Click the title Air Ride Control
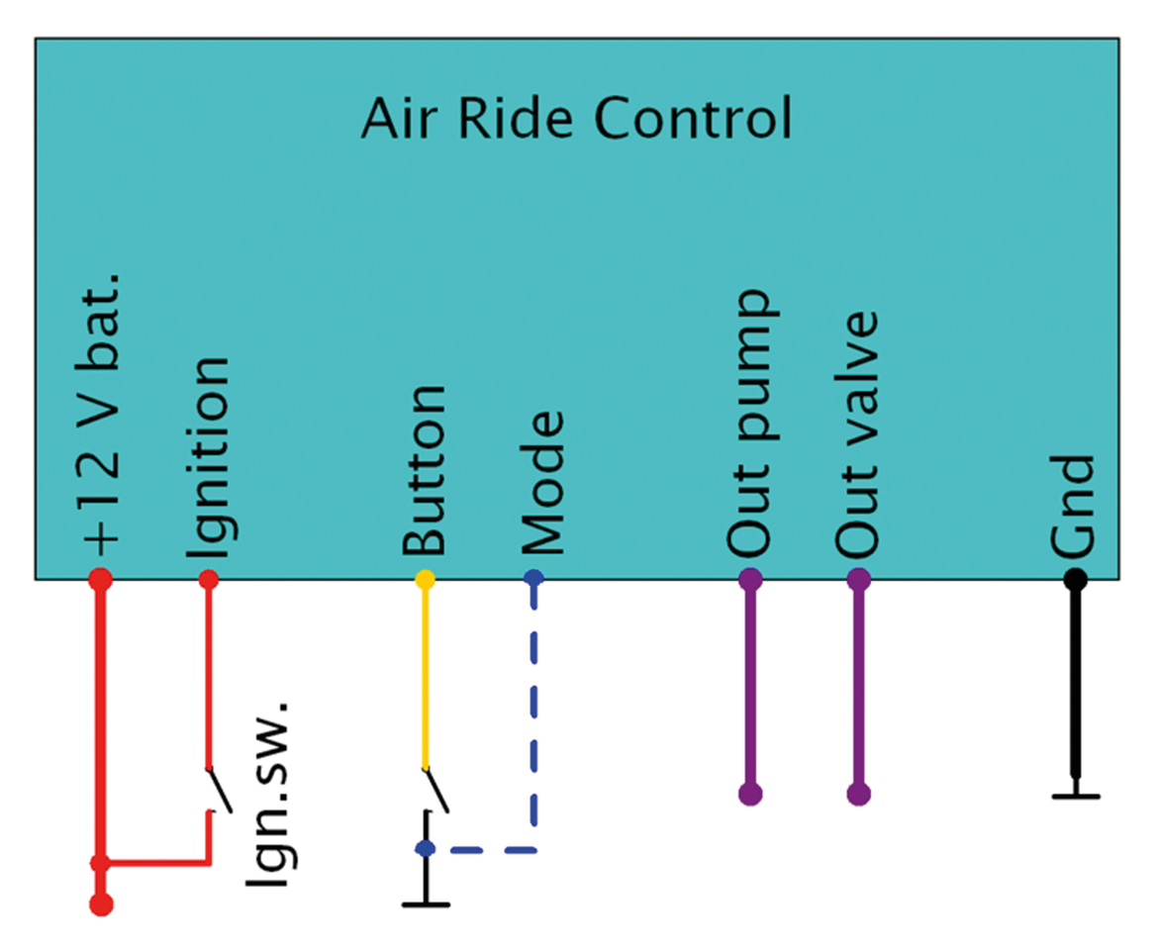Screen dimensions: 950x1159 (x=576, y=119)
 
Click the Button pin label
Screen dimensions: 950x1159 (x=425, y=471)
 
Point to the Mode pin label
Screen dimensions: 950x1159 (x=541, y=483)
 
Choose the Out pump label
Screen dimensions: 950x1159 (x=750, y=423)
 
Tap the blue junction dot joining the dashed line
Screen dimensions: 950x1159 (x=426, y=848)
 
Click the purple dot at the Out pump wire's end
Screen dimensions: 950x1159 (x=750, y=794)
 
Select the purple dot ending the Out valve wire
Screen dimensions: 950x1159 (x=858, y=794)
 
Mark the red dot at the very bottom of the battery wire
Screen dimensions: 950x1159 (x=101, y=903)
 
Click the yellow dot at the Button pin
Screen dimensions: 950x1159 (x=425, y=579)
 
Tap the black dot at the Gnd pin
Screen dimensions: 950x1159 (x=1075, y=579)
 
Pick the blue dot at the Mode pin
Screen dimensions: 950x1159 (x=534, y=578)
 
